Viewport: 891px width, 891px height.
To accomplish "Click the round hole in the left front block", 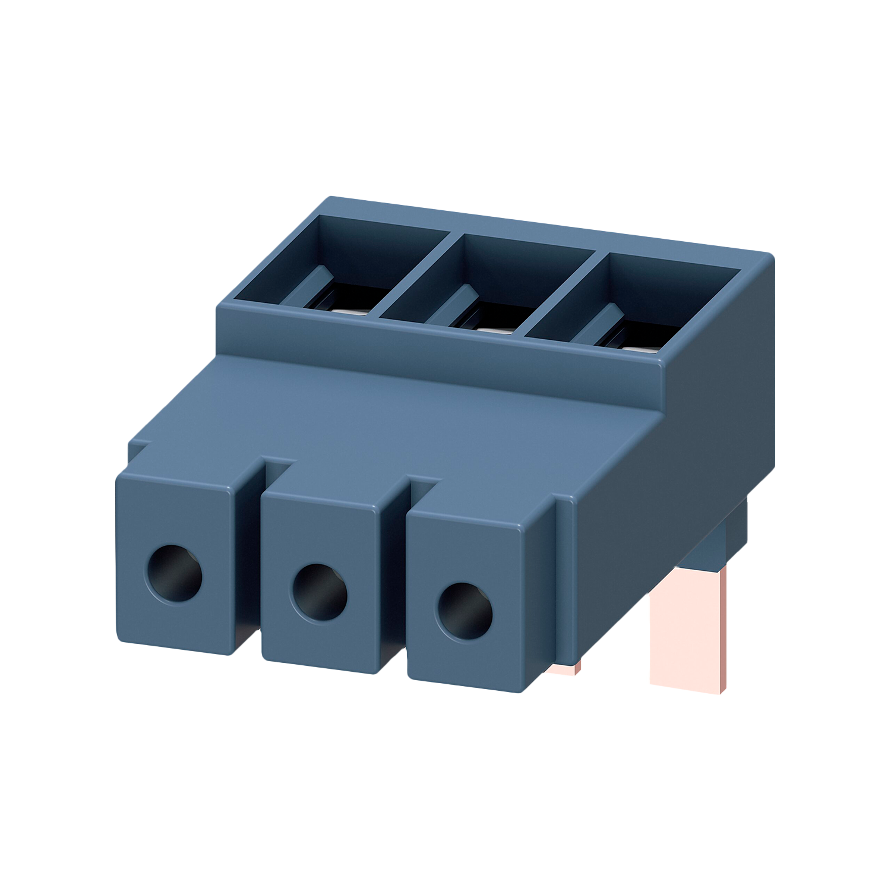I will (x=173, y=573).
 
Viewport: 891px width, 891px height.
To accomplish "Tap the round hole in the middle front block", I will (x=320, y=593).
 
